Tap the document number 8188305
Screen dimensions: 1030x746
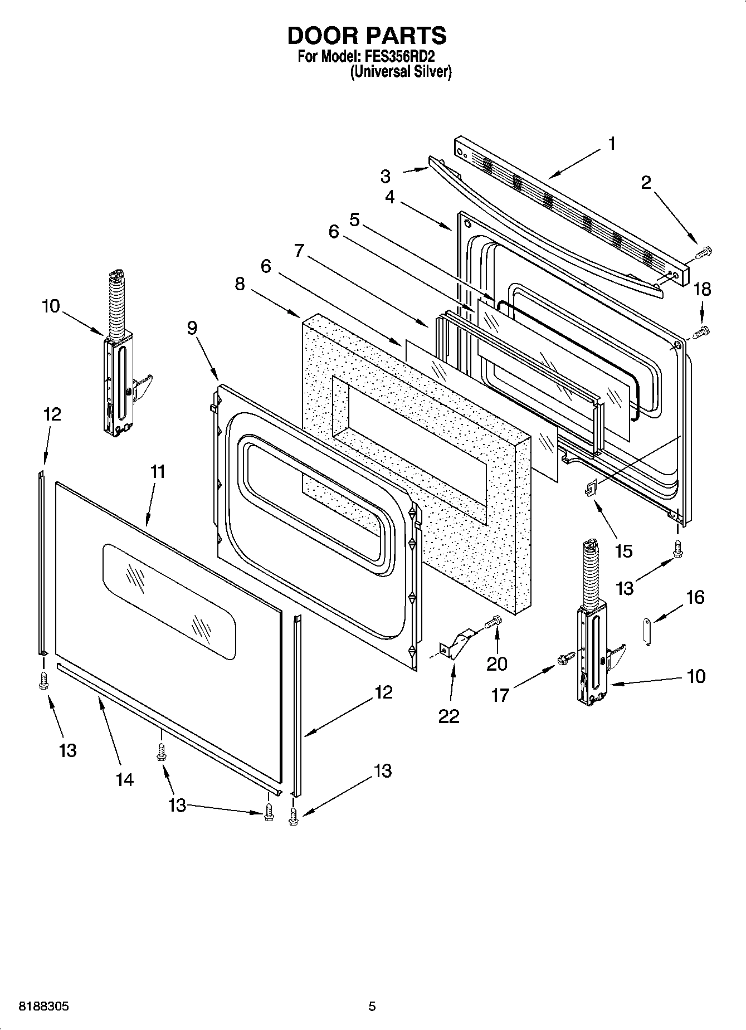pyautogui.click(x=45, y=1007)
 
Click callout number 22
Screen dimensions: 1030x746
pyautogui.click(x=448, y=716)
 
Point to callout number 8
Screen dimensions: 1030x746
pyautogui.click(x=240, y=284)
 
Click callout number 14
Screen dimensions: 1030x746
pyautogui.click(x=125, y=779)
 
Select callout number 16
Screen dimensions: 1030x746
pyautogui.click(x=695, y=597)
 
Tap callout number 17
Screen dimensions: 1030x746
pyautogui.click(x=500, y=695)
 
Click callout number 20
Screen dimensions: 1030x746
pyautogui.click(x=497, y=663)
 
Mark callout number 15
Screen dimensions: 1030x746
pyautogui.click(x=623, y=551)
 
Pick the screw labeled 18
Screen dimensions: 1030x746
pyautogui.click(x=702, y=332)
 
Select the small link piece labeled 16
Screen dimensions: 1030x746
pyautogui.click(x=648, y=632)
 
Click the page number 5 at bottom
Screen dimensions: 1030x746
pyautogui.click(x=372, y=1007)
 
